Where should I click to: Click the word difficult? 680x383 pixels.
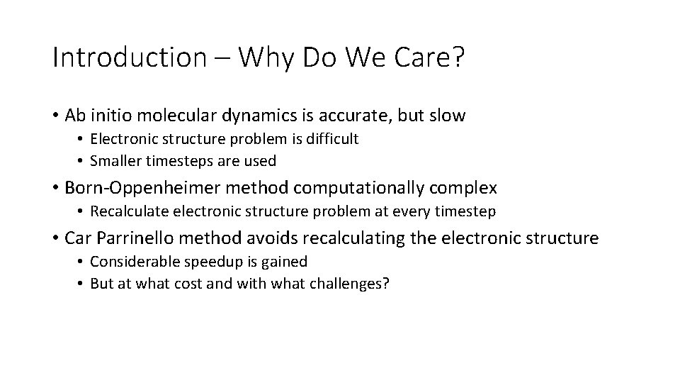(330, 140)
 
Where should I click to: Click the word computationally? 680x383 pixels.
(358, 188)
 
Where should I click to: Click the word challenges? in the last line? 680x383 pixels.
(353, 284)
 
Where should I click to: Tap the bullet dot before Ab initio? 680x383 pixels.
(55, 116)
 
